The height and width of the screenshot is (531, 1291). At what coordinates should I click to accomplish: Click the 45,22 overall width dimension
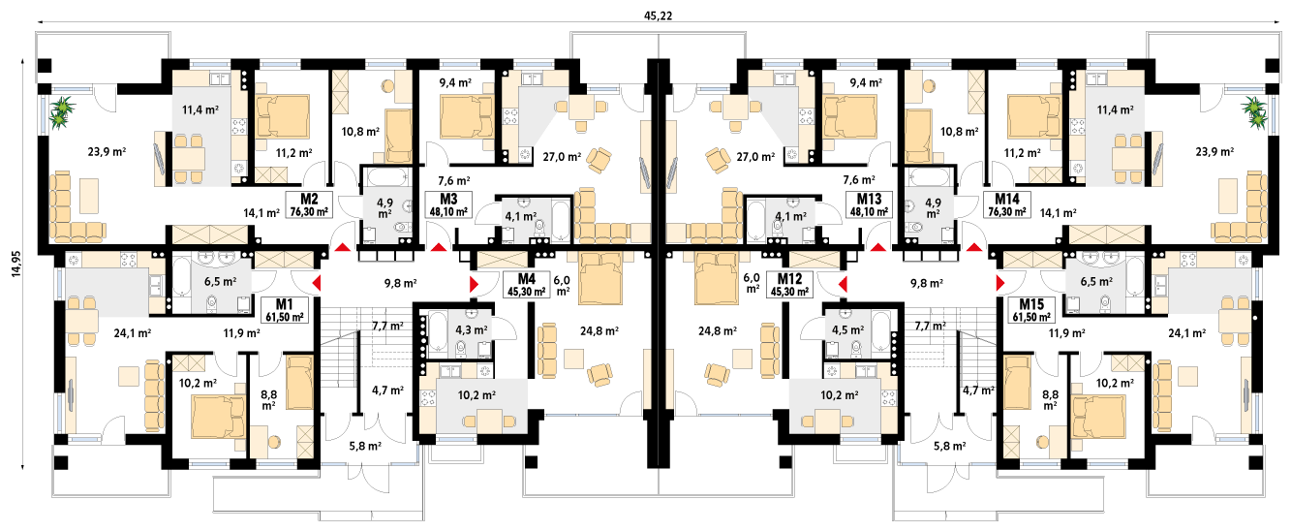point(659,16)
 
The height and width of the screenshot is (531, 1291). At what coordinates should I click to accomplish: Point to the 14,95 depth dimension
point(15,264)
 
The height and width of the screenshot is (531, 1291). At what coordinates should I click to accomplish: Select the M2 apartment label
point(309,200)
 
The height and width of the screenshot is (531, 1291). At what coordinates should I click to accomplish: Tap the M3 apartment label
point(448,200)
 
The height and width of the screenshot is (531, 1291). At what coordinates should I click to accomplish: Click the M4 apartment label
point(526,279)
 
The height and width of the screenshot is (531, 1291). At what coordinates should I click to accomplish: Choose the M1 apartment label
point(284,304)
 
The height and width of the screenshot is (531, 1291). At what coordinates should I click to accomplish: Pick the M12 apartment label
point(789,279)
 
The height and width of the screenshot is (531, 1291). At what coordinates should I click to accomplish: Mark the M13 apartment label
point(869,200)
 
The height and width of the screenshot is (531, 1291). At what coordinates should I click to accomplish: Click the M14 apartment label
point(1007,200)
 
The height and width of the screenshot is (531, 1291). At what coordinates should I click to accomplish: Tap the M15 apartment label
point(1032,304)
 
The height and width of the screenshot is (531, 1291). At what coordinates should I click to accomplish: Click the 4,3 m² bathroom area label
point(472,330)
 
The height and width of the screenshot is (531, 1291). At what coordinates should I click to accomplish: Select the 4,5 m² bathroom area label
point(847,330)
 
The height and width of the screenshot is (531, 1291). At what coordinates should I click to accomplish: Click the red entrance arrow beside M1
point(317,284)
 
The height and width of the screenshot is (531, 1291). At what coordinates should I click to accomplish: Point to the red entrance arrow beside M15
point(1000,284)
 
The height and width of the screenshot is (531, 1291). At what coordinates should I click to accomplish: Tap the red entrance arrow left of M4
point(474,284)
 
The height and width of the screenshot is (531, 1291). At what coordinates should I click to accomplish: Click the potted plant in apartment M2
point(61,111)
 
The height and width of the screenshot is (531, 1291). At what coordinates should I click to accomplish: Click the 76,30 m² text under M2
point(309,211)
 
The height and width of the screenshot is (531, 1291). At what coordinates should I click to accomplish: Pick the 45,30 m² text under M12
point(789,292)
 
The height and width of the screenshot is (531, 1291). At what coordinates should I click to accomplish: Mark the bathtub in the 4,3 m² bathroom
point(439,331)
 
